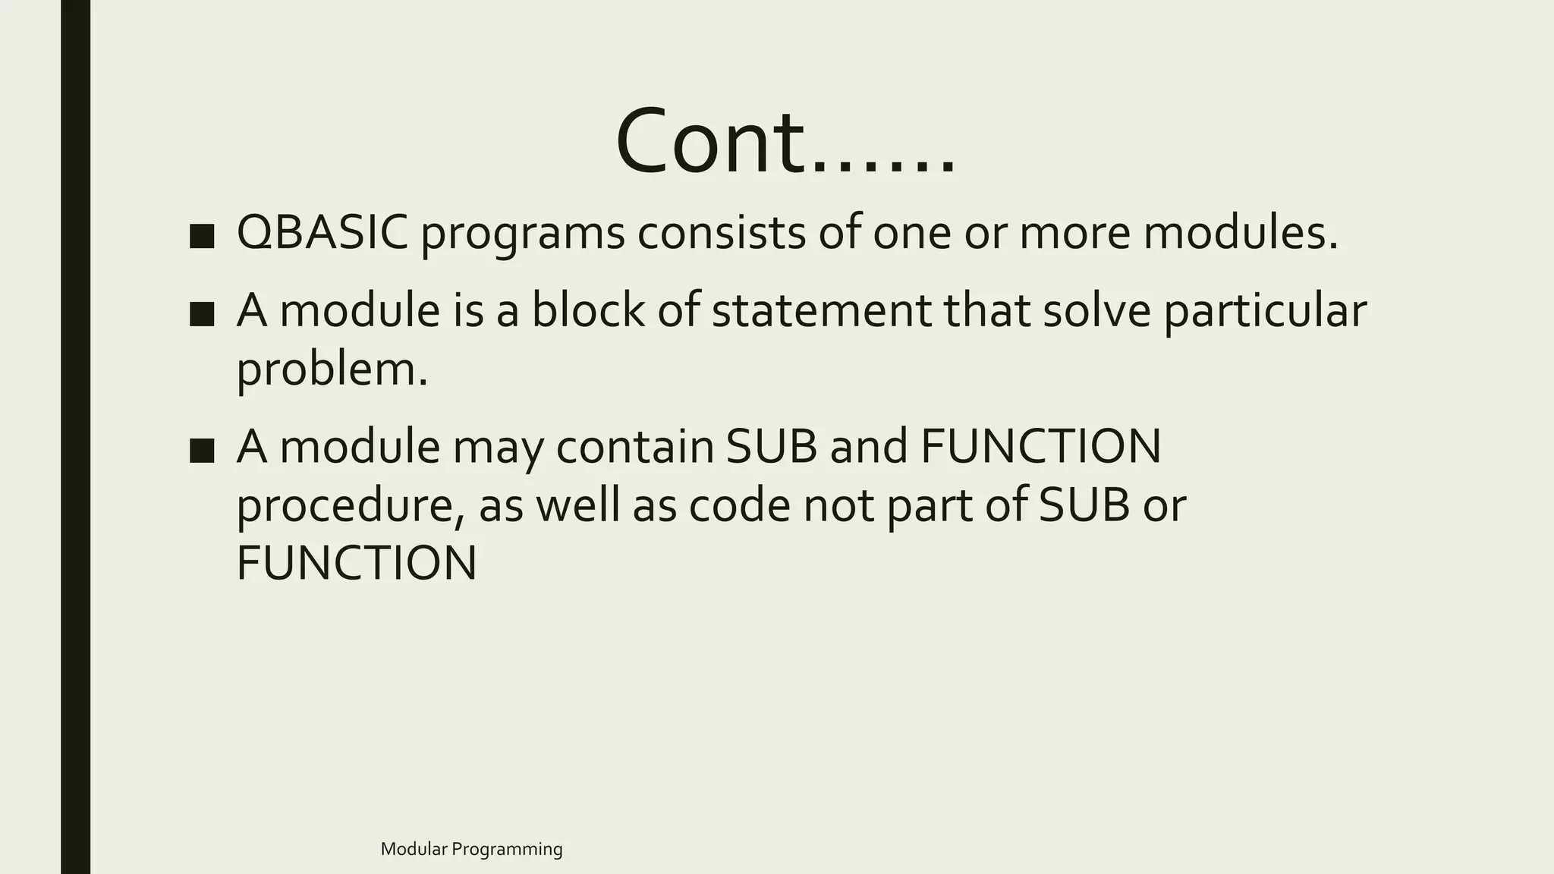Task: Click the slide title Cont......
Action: tap(785, 143)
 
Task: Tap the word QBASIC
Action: tap(322, 232)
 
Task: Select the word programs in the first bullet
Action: tap(523, 234)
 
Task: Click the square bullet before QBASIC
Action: tap(202, 236)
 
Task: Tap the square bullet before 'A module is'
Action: tap(202, 313)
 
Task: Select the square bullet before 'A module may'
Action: tap(202, 450)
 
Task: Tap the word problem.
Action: tap(332, 370)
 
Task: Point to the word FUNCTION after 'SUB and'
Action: tap(1040, 446)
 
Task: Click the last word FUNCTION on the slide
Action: tap(357, 563)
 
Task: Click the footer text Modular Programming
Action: tap(471, 849)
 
